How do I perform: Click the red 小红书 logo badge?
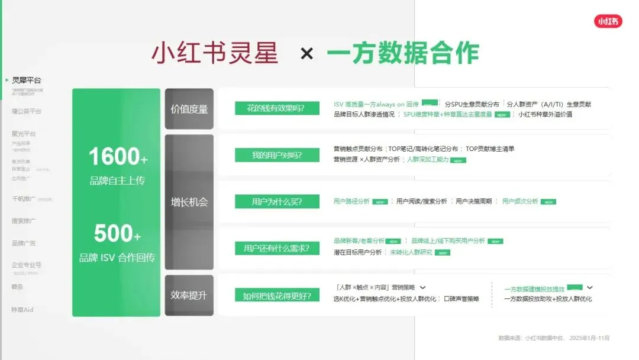click(x=608, y=21)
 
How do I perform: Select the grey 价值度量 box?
click(x=189, y=109)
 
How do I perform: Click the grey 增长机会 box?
click(x=189, y=202)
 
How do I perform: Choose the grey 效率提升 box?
click(x=189, y=295)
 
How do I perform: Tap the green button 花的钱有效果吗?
click(x=277, y=108)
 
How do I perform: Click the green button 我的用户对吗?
click(x=277, y=155)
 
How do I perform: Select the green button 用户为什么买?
click(x=277, y=202)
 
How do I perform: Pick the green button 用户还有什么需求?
click(x=277, y=248)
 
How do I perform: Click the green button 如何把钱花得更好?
click(x=277, y=295)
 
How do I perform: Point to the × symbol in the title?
click(x=306, y=54)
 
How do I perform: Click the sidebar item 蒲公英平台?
click(x=26, y=111)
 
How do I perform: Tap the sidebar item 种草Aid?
click(x=22, y=310)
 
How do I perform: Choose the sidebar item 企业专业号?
click(x=26, y=265)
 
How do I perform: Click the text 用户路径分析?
click(x=351, y=201)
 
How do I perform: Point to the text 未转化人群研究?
click(x=411, y=252)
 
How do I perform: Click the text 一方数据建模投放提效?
click(x=534, y=290)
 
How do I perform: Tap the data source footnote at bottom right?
click(x=554, y=338)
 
